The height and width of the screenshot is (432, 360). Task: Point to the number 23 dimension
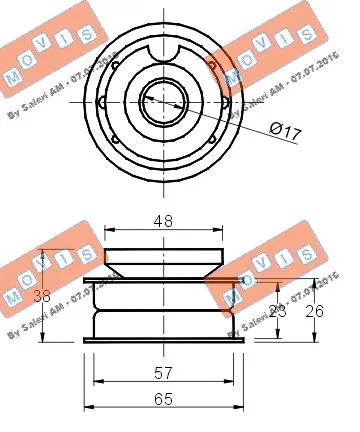(x=278, y=311)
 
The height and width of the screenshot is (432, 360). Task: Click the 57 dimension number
(x=164, y=373)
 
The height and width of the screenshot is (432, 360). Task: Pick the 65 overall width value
(x=164, y=398)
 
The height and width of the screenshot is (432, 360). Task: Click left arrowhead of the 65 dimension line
(x=88, y=407)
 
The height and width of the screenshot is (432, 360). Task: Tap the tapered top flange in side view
(x=164, y=258)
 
